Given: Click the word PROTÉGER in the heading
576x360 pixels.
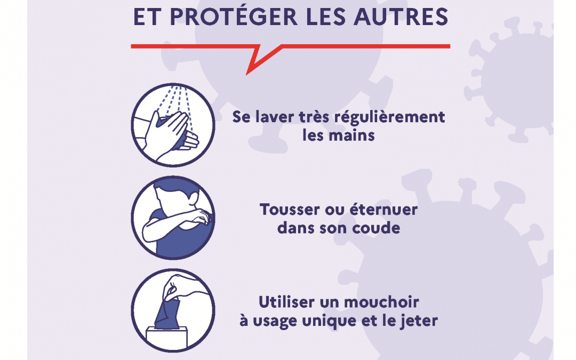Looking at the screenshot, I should pos(235,16).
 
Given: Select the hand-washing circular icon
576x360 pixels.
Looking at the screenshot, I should pos(173,125).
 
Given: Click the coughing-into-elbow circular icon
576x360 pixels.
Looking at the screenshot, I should pos(173,218).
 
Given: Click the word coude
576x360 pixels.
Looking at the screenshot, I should pos(376,228).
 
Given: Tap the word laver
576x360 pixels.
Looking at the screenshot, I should pos(271,117).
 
